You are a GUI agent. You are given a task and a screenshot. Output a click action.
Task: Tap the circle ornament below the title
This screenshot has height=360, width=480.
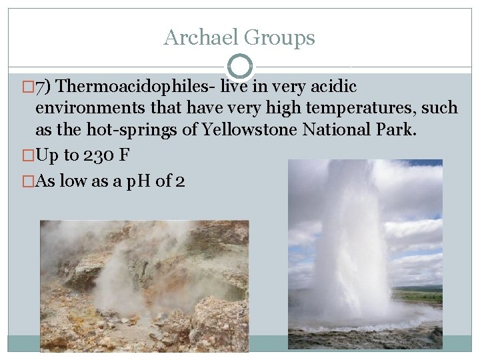tap(240, 66)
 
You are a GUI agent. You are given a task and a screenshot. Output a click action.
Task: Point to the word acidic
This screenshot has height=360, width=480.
tap(333, 87)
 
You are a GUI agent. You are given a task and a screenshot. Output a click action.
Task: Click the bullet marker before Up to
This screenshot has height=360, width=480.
tap(27, 156)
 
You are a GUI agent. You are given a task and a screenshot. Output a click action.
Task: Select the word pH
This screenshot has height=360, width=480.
tap(138, 181)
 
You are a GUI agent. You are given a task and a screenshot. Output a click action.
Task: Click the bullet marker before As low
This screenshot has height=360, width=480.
tap(27, 181)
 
